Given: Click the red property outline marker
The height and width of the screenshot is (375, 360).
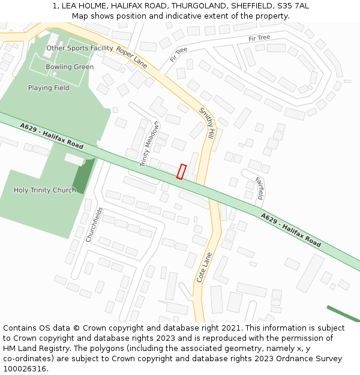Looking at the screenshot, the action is coord(181,172).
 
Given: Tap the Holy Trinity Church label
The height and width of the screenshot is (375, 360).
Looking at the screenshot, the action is coord(45,190).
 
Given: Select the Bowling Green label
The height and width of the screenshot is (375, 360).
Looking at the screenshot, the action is coord(70,67).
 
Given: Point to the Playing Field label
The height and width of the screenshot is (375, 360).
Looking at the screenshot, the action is coord(49,88).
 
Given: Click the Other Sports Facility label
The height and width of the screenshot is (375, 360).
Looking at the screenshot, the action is coord(80,48).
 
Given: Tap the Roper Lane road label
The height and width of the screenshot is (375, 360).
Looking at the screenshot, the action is coord(131,57).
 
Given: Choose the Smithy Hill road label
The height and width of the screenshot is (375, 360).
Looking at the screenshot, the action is coord(207,124).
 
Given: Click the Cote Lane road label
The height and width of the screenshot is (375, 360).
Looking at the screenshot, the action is coord(205,267).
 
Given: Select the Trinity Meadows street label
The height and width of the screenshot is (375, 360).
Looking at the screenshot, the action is coord(150,144).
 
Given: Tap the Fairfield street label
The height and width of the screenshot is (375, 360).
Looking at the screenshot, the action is coord(260,188).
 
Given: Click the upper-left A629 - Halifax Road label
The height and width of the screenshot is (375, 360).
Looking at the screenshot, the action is coord(51,136).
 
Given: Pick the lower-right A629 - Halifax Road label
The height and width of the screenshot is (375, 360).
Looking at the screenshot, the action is coord(290,230).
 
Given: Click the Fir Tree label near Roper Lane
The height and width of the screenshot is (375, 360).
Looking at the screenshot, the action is coord(178,55).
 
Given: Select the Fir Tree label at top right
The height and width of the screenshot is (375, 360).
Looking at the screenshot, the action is coord(259,38).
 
